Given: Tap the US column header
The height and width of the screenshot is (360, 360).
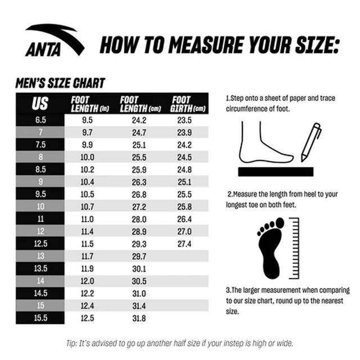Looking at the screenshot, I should tap(40, 103).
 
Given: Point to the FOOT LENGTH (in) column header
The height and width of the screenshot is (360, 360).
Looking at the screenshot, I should tap(90, 103).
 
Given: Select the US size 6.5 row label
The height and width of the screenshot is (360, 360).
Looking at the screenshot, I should tap(40, 120).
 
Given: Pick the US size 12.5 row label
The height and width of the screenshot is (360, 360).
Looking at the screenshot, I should tap(40, 244).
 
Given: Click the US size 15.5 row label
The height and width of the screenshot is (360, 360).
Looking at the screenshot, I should tap(40, 318).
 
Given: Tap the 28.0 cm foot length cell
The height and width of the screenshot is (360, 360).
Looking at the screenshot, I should tap(139, 219).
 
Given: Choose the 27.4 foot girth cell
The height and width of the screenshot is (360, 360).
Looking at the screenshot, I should tap(184, 244).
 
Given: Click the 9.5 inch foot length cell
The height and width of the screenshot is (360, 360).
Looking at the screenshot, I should tap(88, 120).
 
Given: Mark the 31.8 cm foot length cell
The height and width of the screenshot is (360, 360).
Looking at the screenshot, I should tap(139, 318).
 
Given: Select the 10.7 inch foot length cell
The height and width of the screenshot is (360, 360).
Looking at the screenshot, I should tap(88, 207).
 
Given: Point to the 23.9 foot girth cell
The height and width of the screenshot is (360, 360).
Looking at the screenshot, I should tap(184, 133).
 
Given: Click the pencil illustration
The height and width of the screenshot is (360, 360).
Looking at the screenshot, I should tap(310, 142).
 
